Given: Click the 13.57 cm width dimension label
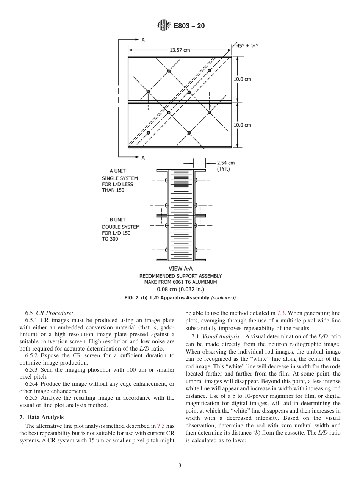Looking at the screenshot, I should coord(180,50).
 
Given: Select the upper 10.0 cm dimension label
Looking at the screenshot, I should coord(242,79).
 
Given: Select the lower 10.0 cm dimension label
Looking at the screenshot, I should coord(242,125).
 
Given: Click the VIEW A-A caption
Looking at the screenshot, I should coord(180,269).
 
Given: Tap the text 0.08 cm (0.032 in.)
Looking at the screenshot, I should coord(180,289).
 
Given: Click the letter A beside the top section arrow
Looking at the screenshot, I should coord(143,39).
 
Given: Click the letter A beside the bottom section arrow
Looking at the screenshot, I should coord(143,158).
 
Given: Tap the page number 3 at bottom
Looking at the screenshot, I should coord(180,466).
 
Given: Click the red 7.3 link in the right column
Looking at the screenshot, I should coord(281,313).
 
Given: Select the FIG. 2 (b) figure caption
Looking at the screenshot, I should coord(180,298).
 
